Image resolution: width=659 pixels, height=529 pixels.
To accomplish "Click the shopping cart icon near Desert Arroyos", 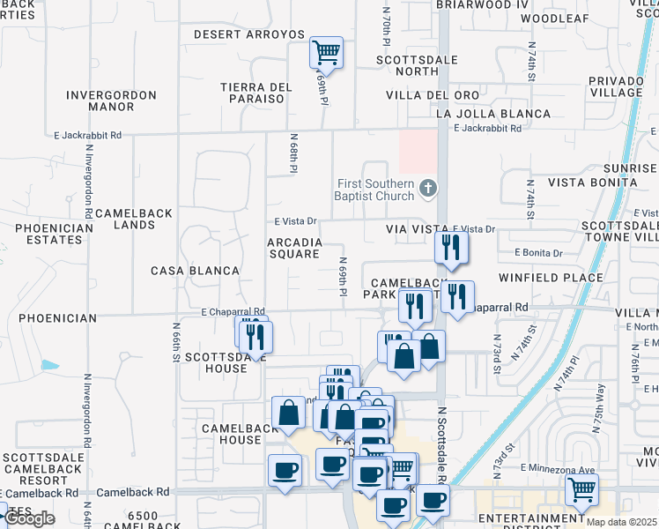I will click(326, 53).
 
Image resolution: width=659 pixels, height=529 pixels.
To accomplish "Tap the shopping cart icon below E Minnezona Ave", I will click(581, 489).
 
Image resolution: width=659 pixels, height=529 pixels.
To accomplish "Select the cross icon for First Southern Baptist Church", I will click(427, 187).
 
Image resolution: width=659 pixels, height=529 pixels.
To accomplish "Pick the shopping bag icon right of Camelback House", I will click(288, 412).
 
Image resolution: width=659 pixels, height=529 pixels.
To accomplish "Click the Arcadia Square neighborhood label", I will click(294, 248).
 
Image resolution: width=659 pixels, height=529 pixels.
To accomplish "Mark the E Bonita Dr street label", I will click(539, 254).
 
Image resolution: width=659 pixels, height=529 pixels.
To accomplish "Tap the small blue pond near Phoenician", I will click(49, 365).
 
